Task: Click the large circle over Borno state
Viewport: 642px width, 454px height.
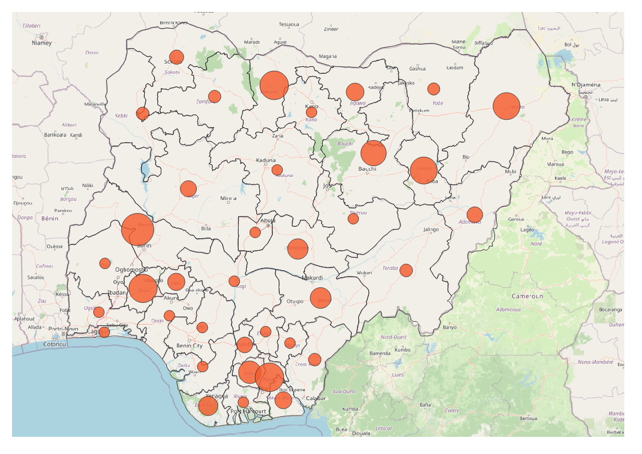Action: (506, 106)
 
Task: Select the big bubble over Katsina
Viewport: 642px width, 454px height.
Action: (274, 85)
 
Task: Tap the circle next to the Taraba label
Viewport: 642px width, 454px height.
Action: (406, 270)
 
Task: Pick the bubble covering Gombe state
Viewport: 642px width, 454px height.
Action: (424, 171)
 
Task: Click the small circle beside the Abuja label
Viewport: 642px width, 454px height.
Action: (255, 232)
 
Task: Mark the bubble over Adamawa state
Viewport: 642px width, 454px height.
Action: (474, 215)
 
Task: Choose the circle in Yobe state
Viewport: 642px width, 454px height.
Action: (434, 89)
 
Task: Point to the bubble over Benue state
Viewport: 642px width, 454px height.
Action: (320, 298)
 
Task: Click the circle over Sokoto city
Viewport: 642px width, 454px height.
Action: (176, 57)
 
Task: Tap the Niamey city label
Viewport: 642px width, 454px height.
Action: (42, 43)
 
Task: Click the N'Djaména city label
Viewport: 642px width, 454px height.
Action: (586, 85)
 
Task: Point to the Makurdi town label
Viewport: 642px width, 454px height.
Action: (312, 278)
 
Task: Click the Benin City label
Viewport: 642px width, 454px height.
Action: (189, 346)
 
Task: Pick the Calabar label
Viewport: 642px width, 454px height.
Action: (316, 398)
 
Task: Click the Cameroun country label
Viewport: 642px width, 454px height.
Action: (527, 297)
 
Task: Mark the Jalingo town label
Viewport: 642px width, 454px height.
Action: (431, 230)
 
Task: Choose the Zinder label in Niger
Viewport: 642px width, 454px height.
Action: (331, 29)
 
